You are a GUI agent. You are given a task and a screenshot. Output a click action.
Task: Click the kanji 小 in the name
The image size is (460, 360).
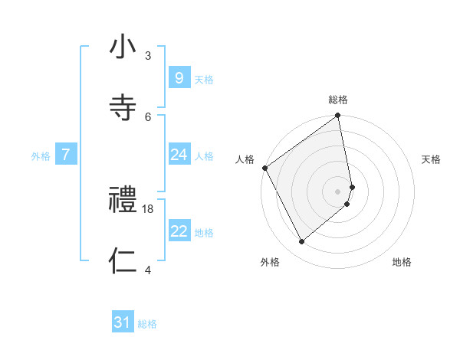click(x=123, y=48)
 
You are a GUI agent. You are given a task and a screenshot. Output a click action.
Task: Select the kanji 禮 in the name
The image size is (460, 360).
click(x=123, y=201)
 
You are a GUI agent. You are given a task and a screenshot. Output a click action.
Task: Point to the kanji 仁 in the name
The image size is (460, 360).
click(x=123, y=261)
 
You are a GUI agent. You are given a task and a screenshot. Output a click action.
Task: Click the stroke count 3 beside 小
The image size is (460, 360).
click(x=148, y=56)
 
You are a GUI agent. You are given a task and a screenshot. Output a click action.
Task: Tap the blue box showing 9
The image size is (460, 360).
click(x=179, y=77)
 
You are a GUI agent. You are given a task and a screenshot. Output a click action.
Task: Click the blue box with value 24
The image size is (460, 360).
click(x=179, y=155)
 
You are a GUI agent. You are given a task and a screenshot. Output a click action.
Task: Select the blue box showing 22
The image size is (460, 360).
click(x=179, y=231)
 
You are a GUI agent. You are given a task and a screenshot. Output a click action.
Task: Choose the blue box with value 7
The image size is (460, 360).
click(x=66, y=155)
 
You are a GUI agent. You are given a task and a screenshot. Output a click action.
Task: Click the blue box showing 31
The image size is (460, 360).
click(x=123, y=322)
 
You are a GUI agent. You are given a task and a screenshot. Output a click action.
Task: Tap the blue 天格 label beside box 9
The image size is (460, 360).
click(x=204, y=79)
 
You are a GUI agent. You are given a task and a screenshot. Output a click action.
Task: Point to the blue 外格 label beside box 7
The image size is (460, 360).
click(x=41, y=156)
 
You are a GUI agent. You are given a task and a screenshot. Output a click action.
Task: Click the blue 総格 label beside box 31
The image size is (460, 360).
click(x=147, y=324)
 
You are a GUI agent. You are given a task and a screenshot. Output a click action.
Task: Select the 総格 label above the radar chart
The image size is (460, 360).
click(x=338, y=100)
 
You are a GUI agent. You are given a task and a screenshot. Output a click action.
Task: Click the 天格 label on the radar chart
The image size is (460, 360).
click(x=432, y=159)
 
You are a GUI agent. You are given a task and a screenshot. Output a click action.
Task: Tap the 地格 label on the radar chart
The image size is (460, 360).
click(x=402, y=262)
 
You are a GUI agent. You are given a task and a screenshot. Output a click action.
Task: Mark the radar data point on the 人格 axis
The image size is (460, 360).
click(x=264, y=168)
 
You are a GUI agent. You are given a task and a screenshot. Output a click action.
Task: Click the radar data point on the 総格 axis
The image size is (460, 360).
click(x=338, y=116)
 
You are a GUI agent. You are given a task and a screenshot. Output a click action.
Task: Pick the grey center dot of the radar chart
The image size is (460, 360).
click(x=338, y=190)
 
